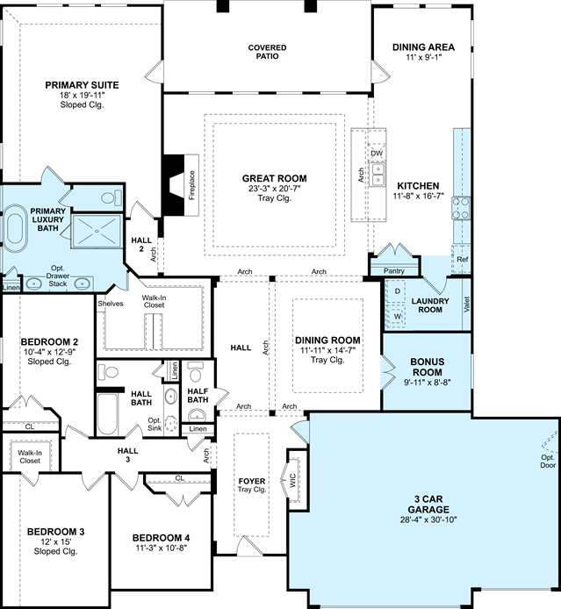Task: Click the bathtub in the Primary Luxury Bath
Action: pos(16,228)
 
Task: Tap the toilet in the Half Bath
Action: pos(196,372)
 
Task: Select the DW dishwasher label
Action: pos(377,154)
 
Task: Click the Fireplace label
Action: pos(192,185)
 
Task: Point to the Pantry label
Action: pos(394,270)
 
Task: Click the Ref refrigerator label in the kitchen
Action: pos(463,259)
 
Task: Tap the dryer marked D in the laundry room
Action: pos(397,291)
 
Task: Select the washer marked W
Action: pos(397,316)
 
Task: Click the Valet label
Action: pos(466,304)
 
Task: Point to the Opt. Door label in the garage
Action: pos(548,462)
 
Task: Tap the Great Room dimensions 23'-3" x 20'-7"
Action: pos(274,189)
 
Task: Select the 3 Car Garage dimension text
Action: pos(428,519)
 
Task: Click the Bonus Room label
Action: pos(428,367)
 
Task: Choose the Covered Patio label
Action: pos(267,52)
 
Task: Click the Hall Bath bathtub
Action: pos(107,414)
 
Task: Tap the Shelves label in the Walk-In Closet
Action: pos(111,304)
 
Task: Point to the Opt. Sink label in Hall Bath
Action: pos(155,424)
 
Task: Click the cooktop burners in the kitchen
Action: pos(461,208)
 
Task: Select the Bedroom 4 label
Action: pos(161,538)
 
